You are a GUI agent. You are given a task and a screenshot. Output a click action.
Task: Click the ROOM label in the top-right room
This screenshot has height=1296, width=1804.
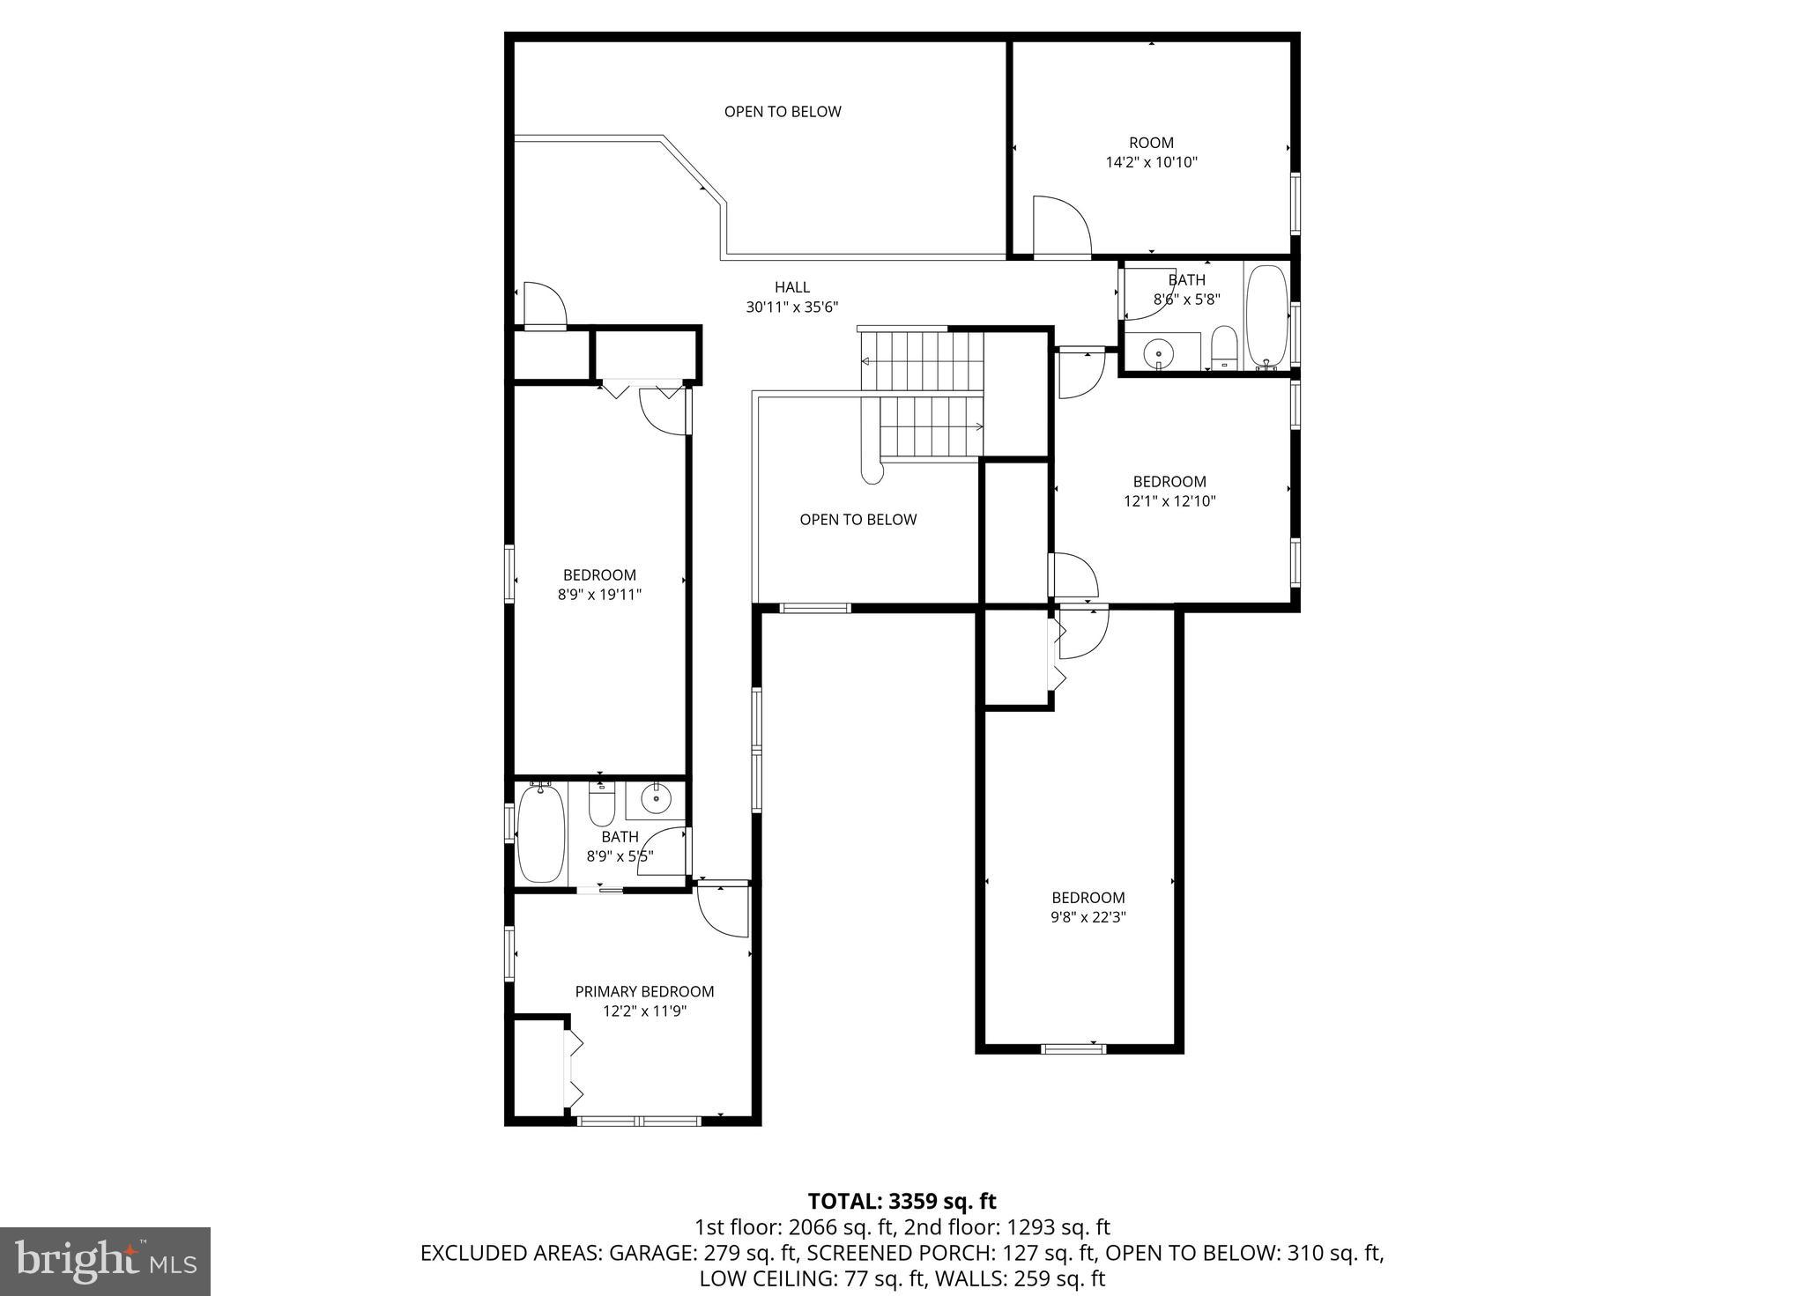(1151, 143)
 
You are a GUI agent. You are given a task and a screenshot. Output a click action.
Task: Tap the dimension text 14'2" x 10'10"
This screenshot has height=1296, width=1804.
(1151, 163)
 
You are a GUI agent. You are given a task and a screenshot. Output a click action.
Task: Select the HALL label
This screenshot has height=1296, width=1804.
(791, 287)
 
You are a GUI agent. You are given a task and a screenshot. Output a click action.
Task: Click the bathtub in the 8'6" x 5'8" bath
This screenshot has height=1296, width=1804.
(1267, 315)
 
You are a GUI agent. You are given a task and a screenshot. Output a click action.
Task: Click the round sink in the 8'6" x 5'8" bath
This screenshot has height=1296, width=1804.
(1159, 354)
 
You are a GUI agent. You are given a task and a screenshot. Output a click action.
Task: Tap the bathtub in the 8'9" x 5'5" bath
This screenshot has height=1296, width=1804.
(540, 833)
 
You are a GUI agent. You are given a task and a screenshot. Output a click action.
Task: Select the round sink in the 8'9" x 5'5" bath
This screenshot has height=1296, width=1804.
(656, 799)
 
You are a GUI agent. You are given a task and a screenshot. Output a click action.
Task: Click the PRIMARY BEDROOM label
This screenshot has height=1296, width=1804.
(644, 992)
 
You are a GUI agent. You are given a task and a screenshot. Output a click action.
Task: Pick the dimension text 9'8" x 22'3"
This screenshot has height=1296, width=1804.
(1088, 917)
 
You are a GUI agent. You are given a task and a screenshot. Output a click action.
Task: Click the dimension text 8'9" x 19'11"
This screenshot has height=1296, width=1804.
(599, 595)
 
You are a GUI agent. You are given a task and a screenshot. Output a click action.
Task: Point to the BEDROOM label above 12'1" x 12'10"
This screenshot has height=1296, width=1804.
(1169, 482)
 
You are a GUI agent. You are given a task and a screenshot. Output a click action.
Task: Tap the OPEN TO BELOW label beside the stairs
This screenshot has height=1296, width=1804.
(857, 520)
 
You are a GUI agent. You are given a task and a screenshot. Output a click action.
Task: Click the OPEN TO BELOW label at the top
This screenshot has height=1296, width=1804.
(783, 112)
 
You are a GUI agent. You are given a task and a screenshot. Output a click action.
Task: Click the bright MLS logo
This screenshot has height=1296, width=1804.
(105, 1262)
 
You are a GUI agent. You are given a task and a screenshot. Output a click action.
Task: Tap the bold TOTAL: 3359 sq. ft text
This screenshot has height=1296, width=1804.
(902, 1202)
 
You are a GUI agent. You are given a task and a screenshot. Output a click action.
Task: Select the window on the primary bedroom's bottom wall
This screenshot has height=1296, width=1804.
(639, 1121)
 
